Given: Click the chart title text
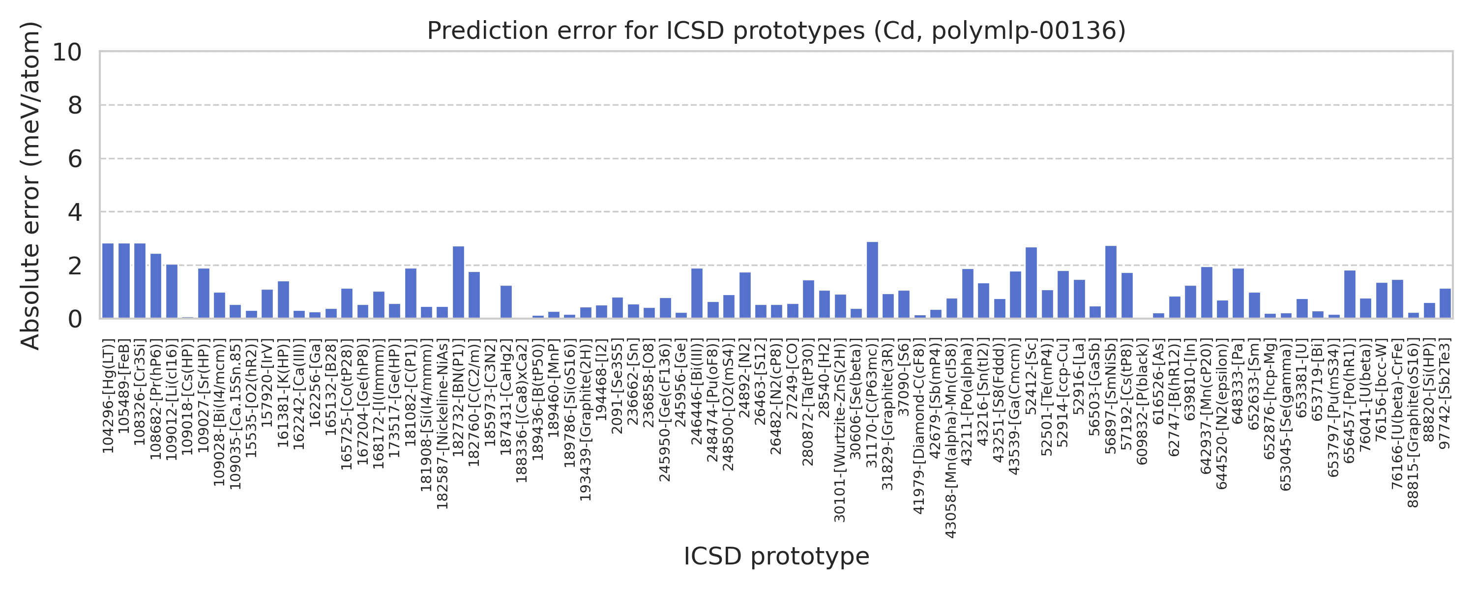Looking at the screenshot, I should pyautogui.click(x=776, y=31).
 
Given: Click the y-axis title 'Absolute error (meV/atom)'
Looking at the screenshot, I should pyautogui.click(x=30, y=185).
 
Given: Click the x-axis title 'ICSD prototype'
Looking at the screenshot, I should pyautogui.click(x=776, y=556).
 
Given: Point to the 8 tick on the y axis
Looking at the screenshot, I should pyautogui.click(x=75, y=105).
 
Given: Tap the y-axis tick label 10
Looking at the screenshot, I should pyautogui.click(x=67, y=52).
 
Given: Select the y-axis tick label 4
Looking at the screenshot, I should pyautogui.click(x=75, y=212).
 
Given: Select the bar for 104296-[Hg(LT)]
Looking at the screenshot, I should pyautogui.click(x=108, y=281).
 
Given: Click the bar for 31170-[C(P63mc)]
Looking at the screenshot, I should pyautogui.click(x=872, y=280).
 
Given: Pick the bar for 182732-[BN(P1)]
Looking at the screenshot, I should pyautogui.click(x=458, y=282).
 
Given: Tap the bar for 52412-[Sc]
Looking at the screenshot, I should pyautogui.click(x=1031, y=283).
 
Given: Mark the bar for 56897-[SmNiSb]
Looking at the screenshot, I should pyautogui.click(x=1111, y=282).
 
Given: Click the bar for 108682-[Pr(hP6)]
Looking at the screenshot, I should pyautogui.click(x=156, y=286).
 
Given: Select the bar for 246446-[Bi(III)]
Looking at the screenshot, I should pyautogui.click(x=697, y=294).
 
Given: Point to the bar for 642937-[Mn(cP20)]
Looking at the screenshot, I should pyautogui.click(x=1207, y=293).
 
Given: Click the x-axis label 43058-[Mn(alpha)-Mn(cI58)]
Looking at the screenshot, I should pyautogui.click(x=950, y=438).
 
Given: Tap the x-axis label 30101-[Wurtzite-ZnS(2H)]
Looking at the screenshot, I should pyautogui.click(x=839, y=430).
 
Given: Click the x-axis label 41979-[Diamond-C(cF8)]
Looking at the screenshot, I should pyautogui.click(x=919, y=426).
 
